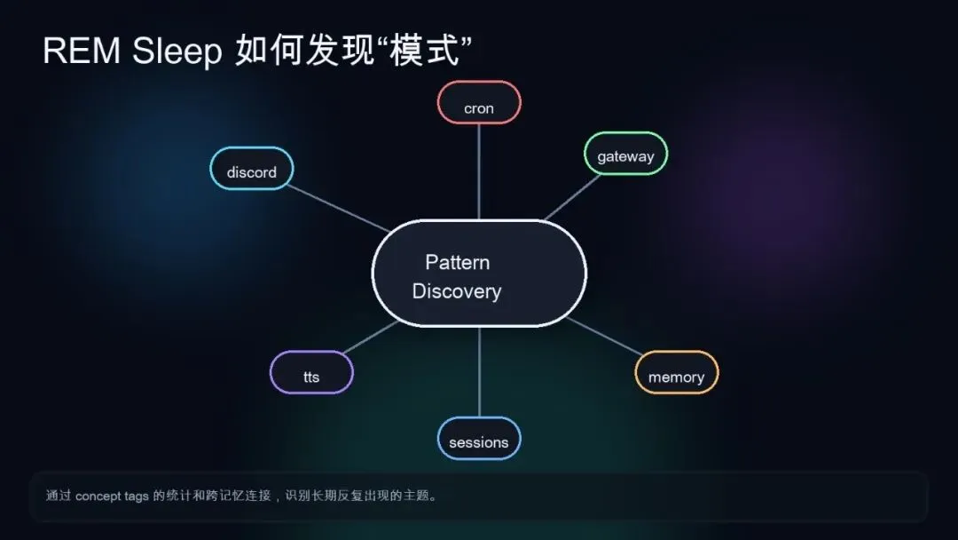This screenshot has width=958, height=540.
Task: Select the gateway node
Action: tap(625, 154)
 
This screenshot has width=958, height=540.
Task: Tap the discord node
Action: tap(252, 169)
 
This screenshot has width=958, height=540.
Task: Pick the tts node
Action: tap(311, 373)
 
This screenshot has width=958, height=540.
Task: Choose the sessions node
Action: tap(479, 439)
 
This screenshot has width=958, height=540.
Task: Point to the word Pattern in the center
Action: tap(457, 262)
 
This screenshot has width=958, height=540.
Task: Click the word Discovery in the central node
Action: tap(457, 291)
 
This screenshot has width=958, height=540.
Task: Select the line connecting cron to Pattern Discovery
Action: tap(479, 171)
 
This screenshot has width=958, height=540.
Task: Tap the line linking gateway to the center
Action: tap(572, 196)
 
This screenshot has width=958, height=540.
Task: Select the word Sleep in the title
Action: tap(177, 52)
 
